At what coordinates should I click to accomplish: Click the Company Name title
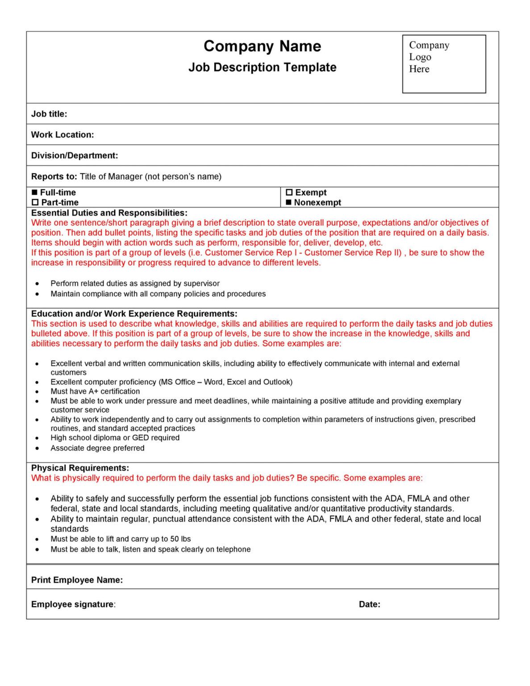coord(262,46)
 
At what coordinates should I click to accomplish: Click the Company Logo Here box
coord(443,64)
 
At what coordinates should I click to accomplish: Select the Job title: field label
coord(49,114)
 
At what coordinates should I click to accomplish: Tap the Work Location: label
coord(63,135)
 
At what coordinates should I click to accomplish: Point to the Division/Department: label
coord(75,155)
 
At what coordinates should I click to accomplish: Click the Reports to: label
coord(54,176)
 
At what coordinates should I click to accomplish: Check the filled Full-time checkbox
coord(35,192)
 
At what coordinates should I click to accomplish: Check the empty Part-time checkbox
coord(35,202)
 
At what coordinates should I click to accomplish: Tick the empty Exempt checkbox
coord(289,192)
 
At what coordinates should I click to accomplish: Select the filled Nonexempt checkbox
coord(289,202)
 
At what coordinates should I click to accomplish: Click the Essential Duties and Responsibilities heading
coord(109,213)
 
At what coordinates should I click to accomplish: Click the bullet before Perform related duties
coord(37,284)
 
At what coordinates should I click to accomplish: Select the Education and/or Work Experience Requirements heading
coord(134,314)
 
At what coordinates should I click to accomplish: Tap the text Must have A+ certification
coord(95,391)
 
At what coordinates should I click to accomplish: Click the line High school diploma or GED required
coord(115,438)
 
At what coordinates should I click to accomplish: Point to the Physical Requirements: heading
coord(80,468)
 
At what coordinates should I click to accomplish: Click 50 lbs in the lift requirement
coord(180,539)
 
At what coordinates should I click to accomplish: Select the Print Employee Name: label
coord(77,580)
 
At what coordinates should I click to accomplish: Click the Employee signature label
coord(72,604)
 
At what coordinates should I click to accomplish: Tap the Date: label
coord(369,604)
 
